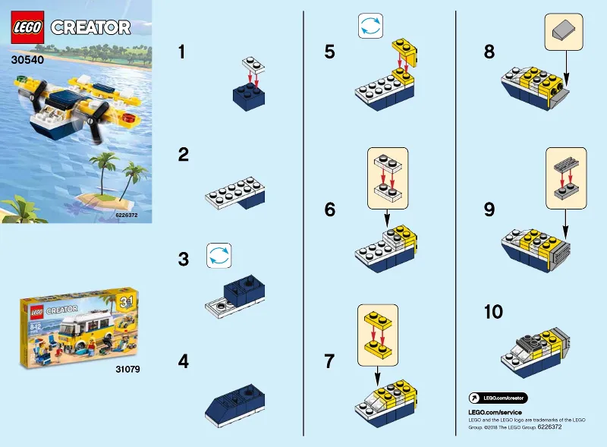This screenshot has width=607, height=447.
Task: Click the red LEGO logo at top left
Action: (x=28, y=27)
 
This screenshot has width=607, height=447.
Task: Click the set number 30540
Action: (x=27, y=56)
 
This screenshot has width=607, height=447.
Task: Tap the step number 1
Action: (x=182, y=52)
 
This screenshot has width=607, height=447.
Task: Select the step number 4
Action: (x=183, y=361)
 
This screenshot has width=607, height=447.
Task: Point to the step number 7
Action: (x=329, y=361)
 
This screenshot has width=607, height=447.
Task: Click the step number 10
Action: (x=493, y=313)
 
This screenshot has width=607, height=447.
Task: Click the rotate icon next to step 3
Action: (x=218, y=256)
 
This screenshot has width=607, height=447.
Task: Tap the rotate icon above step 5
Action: (x=369, y=27)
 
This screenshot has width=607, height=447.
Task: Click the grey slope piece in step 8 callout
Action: (x=563, y=32)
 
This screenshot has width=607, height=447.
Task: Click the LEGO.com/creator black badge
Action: (x=498, y=398)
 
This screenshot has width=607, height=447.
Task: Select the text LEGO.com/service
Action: (x=495, y=412)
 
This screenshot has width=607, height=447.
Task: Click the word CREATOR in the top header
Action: (x=90, y=28)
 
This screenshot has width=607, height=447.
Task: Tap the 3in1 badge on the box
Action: (x=127, y=302)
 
